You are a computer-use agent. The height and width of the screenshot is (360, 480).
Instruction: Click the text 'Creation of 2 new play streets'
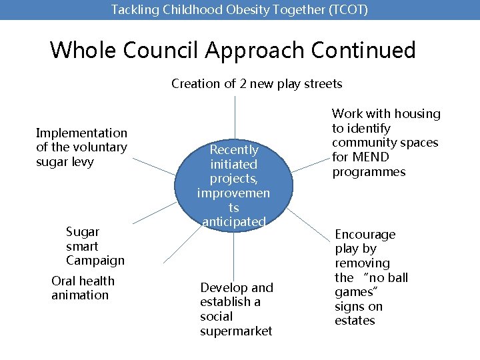257,84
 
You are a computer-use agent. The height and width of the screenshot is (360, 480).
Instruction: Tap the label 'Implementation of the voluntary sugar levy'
81,147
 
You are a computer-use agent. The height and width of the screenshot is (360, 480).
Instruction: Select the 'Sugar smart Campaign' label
95,246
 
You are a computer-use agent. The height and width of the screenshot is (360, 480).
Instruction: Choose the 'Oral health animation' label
83,288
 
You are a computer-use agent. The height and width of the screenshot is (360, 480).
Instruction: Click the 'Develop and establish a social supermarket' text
237,309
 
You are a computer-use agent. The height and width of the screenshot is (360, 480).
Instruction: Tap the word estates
355,321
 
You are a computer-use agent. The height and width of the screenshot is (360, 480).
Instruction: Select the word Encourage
365,235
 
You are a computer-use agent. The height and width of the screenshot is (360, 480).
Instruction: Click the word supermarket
236,331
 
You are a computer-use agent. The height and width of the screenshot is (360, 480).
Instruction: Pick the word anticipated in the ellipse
234,221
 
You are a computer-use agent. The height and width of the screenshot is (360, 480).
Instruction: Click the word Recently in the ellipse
234,150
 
